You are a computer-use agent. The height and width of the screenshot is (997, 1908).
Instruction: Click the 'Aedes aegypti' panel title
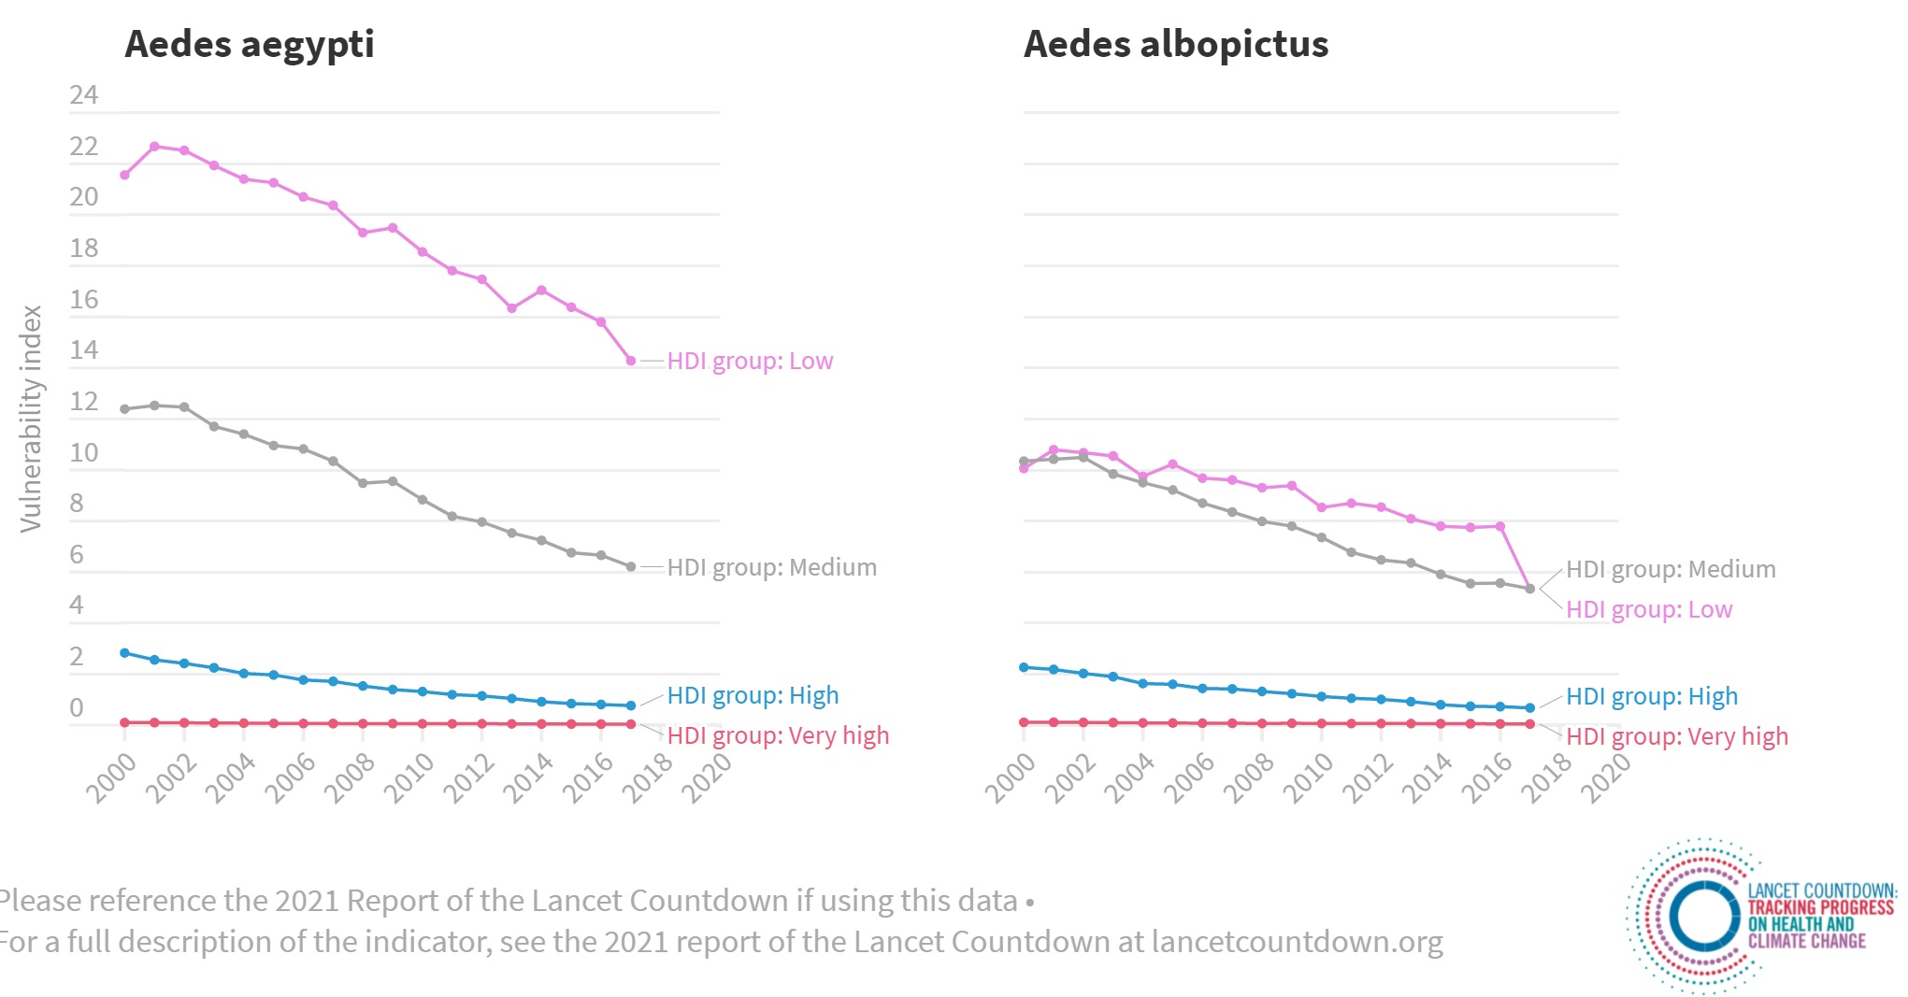249,44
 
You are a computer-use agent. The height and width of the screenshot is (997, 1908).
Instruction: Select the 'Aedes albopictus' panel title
1175,44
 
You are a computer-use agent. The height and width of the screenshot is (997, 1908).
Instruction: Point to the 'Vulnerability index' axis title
31,419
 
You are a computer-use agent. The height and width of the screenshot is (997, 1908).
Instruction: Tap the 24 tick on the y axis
83,94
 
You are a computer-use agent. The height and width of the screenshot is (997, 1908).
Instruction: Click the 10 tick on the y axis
83,452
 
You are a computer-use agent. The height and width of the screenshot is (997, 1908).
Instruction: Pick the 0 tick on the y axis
77,707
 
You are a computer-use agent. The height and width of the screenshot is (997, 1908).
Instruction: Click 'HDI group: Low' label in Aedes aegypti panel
749,361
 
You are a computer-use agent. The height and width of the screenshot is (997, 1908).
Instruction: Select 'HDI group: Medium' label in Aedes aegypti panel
771,567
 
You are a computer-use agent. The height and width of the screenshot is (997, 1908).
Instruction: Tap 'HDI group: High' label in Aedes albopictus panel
1651,696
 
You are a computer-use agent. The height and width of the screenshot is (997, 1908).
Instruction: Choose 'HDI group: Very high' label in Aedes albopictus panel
1676,736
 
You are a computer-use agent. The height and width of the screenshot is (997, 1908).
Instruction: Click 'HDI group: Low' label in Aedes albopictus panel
1648,609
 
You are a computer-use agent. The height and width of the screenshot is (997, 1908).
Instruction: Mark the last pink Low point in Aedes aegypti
631,361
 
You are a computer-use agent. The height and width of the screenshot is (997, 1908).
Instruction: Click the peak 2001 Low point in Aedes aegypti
154,146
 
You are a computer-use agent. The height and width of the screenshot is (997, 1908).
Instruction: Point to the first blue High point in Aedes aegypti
124,653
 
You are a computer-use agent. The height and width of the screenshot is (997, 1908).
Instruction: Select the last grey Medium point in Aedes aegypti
631,567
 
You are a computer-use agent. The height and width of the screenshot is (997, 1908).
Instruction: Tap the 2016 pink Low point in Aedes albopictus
1500,527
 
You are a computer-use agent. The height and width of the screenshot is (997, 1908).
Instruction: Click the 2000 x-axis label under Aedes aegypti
111,777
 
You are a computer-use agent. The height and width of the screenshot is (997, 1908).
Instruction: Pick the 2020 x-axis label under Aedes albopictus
1605,777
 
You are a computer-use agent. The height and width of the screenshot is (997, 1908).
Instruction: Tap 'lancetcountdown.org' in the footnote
1297,942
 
